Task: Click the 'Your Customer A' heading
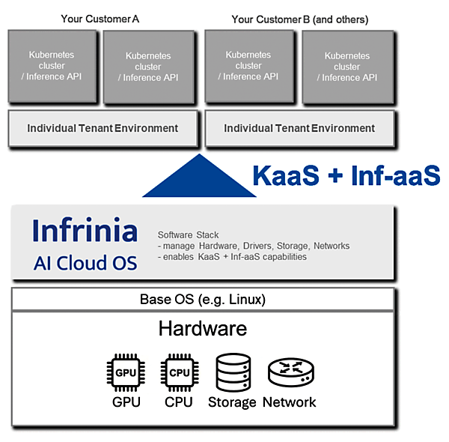(100, 19)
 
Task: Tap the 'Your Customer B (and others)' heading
(300, 19)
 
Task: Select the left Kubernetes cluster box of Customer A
(52, 65)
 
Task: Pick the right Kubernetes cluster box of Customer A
(148, 66)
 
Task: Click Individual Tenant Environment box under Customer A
(103, 128)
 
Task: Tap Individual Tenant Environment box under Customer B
(299, 128)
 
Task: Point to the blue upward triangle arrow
(199, 180)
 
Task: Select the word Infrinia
(85, 231)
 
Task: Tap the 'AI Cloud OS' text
(85, 262)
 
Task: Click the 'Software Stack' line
(189, 234)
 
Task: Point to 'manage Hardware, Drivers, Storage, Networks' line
(254, 246)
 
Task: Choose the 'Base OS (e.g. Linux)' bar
(202, 300)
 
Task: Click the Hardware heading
(202, 328)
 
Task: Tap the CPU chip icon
(178, 372)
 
